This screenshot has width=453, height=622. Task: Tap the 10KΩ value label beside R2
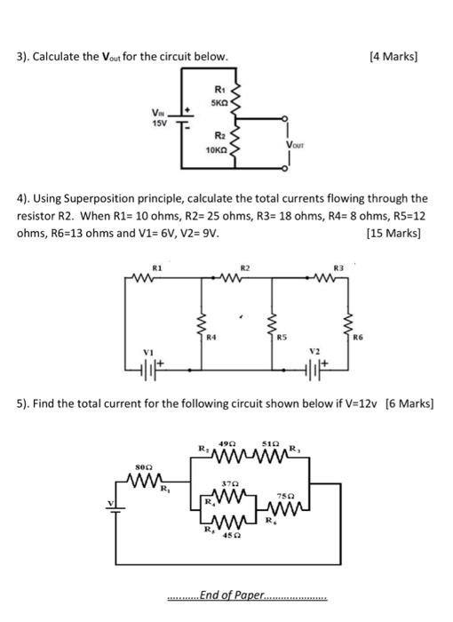click(215, 152)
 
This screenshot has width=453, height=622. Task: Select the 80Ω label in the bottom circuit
click(143, 466)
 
